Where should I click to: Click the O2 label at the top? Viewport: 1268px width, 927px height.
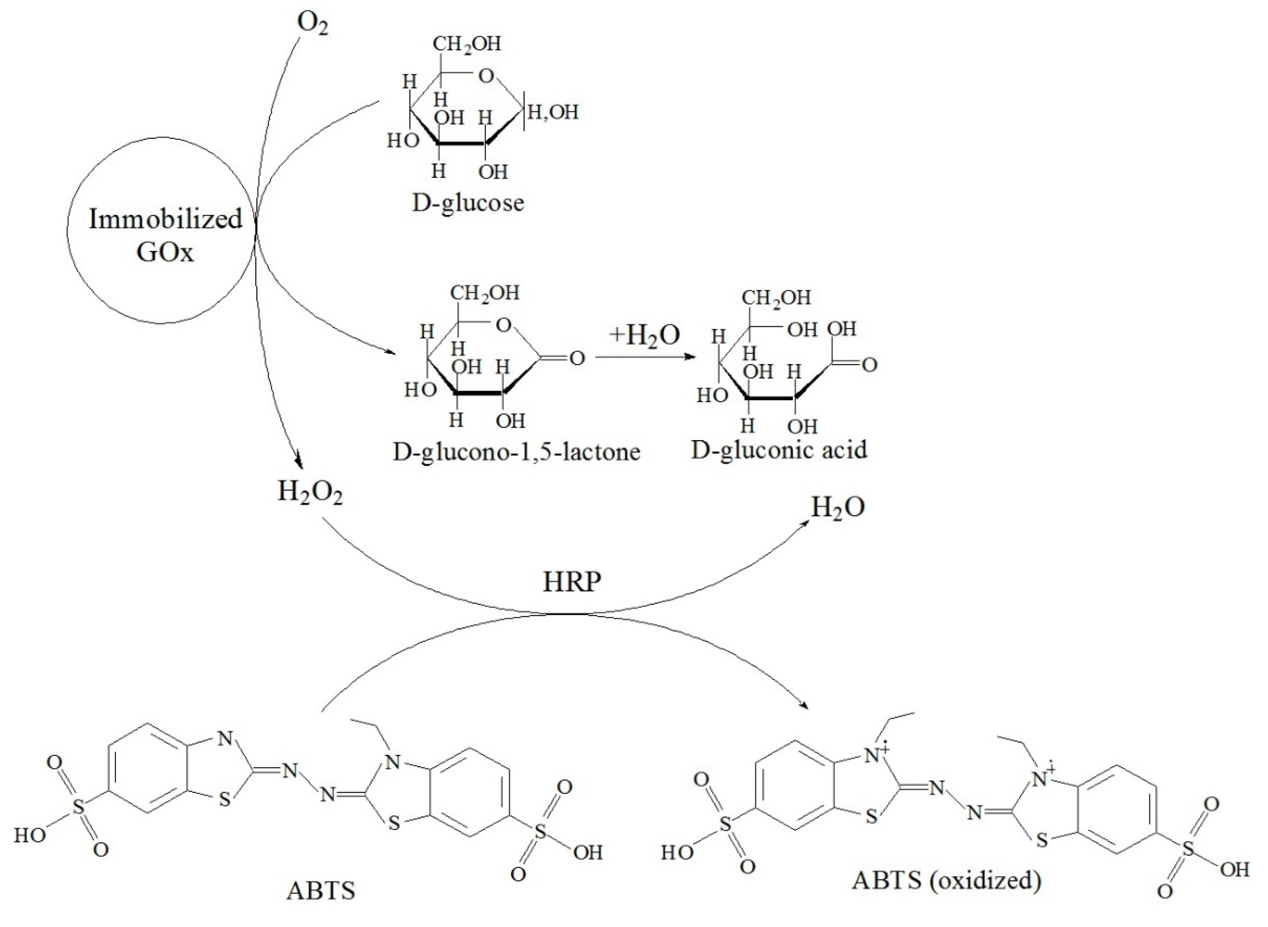[x=312, y=23]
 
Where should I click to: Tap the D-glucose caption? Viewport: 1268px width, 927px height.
[x=468, y=203]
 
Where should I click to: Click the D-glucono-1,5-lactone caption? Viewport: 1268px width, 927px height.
[x=516, y=452]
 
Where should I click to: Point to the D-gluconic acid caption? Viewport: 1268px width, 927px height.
[x=779, y=450]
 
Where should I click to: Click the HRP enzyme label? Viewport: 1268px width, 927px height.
[x=572, y=582]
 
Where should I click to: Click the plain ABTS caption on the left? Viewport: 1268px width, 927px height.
[x=321, y=891]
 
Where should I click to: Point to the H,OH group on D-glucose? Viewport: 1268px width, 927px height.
[x=553, y=112]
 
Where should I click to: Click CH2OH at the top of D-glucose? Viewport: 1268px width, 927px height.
[x=467, y=44]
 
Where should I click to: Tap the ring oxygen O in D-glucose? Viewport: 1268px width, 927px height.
[x=486, y=76]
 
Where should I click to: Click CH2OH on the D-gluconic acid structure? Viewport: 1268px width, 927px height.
[x=777, y=298]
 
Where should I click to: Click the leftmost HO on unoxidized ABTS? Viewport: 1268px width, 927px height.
[x=29, y=836]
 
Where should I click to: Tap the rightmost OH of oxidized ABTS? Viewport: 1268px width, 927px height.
[x=1234, y=870]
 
